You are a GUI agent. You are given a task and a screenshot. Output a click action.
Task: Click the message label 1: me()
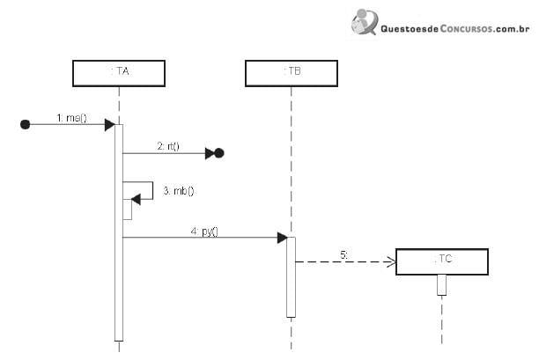coord(72,118)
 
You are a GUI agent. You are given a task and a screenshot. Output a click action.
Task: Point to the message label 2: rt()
coord(168,146)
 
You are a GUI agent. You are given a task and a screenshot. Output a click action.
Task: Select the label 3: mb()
coord(179,191)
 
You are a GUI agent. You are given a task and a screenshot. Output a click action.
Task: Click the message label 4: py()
coord(204,231)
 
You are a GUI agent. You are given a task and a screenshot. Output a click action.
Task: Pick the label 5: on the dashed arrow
coord(344,255)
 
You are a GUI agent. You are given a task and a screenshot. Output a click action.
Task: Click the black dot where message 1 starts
coord(25,124)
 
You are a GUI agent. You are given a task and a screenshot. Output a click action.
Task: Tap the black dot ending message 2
coord(219,153)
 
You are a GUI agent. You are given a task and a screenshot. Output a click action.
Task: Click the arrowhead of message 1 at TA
coord(110,125)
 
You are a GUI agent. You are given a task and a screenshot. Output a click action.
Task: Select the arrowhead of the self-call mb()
coord(137,199)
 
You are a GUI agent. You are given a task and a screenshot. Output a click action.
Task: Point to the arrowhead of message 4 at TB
coord(282,238)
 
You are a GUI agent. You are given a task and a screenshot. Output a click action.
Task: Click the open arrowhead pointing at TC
coord(392,261)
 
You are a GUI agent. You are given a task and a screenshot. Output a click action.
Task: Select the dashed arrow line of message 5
coord(346,261)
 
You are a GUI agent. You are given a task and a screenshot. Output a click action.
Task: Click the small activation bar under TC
coord(442,285)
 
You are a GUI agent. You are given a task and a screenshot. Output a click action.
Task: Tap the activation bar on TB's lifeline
coord(292,277)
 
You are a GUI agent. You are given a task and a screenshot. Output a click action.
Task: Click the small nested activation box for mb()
coord(128,209)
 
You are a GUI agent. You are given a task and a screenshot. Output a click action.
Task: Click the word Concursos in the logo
coord(466,28)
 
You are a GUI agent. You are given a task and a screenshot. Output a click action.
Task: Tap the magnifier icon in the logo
coord(365,22)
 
